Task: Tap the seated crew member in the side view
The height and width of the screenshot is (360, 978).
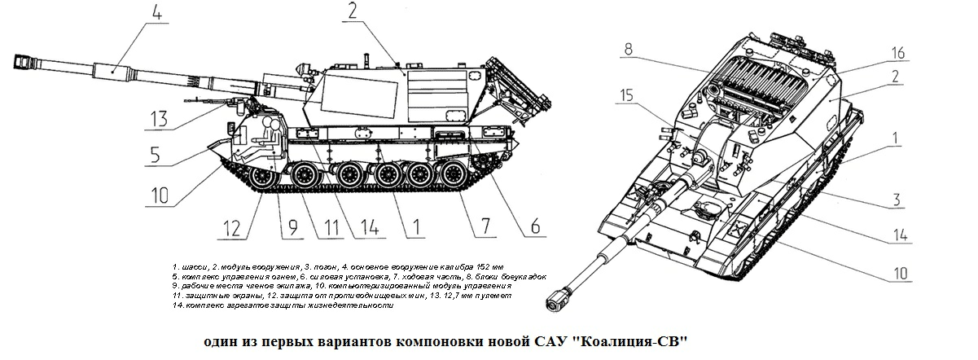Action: click(274, 134)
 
